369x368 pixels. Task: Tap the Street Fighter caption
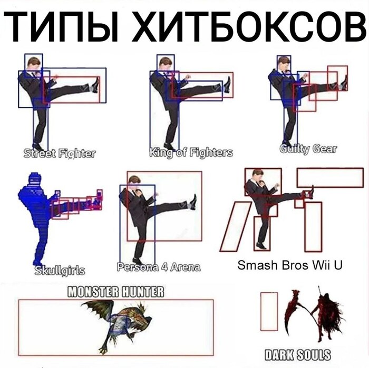pos(60,154)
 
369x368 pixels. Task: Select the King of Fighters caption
pos(191,153)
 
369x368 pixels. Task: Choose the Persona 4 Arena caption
pos(159,267)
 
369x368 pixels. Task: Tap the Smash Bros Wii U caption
pos(290,264)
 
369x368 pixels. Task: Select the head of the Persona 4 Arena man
pos(135,182)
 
